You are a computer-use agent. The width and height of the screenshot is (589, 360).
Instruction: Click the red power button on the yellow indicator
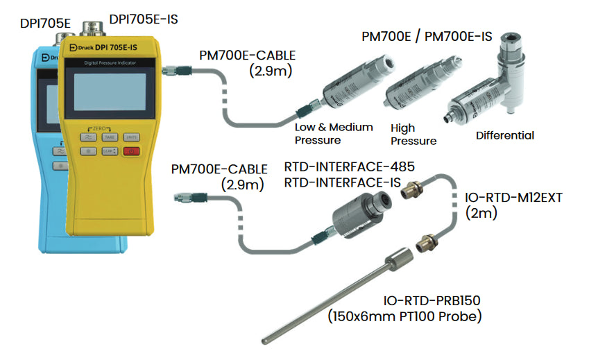(x=133, y=151)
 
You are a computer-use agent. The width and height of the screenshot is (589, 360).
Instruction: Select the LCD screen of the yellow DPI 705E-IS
(x=110, y=94)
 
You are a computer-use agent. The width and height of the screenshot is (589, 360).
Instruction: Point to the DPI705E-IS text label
(x=144, y=19)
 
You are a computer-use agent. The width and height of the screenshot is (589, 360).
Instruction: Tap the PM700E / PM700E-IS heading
(x=427, y=36)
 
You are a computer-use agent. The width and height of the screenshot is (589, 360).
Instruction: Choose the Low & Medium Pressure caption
(x=334, y=133)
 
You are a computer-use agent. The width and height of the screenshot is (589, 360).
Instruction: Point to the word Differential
(x=505, y=135)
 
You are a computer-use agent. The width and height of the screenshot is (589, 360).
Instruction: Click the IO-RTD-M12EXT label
(x=513, y=198)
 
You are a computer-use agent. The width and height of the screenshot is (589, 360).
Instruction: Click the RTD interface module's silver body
(x=361, y=212)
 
